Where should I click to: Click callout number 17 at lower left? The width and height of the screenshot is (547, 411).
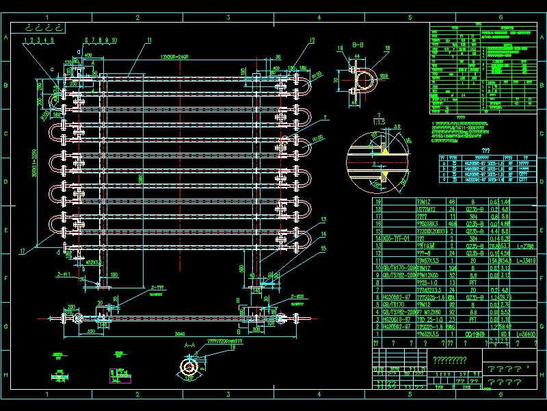point(23,251)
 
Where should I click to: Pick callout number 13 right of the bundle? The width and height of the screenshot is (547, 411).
point(322,219)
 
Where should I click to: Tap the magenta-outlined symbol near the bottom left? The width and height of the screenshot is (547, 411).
point(116,375)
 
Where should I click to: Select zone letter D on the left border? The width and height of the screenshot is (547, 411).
point(6,182)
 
